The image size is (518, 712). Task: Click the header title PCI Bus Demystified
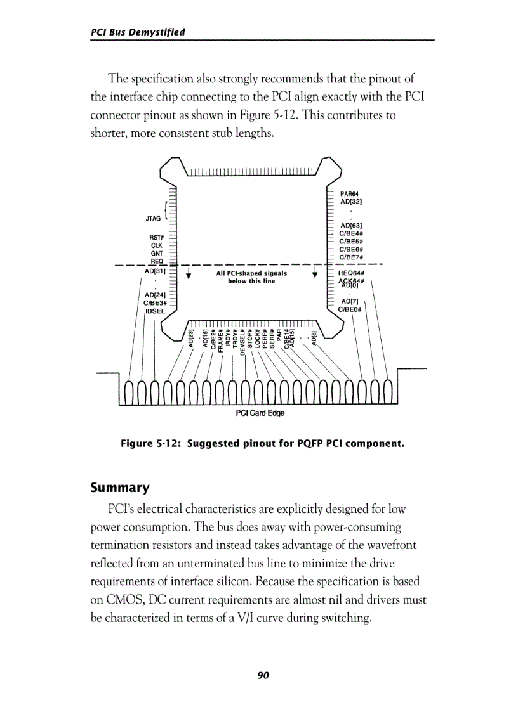[138, 32]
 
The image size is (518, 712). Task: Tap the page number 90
[263, 675]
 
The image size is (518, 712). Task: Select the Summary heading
[120, 488]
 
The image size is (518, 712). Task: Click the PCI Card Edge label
[260, 413]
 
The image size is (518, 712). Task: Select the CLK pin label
[156, 245]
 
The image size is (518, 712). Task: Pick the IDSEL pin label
[155, 311]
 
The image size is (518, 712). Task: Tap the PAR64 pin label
[350, 194]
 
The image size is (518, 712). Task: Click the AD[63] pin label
[351, 225]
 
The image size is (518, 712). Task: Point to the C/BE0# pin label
[350, 309]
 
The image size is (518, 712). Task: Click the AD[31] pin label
[155, 271]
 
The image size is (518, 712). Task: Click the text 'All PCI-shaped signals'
[251, 273]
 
